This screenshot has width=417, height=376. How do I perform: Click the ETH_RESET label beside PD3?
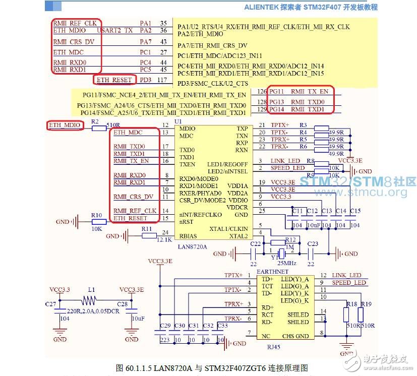114,80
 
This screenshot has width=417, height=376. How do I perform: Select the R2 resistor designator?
95,122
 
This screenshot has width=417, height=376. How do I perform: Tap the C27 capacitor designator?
50,304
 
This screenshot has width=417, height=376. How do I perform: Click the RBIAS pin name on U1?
188,236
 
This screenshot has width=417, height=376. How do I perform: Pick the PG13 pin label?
276,102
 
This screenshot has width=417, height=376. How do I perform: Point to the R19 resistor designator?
366,304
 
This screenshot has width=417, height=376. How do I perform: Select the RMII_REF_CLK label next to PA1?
75,23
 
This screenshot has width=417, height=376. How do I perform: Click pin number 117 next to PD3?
162,80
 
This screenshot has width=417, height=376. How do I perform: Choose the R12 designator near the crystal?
290,240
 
